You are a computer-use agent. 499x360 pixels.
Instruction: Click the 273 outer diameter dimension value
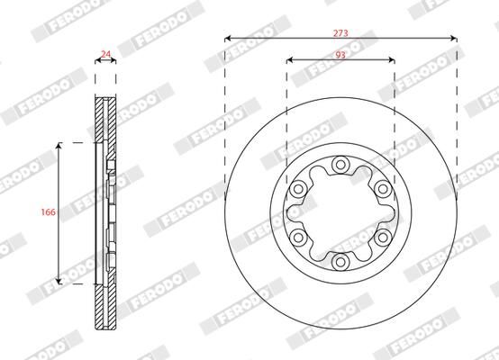tap(340, 31)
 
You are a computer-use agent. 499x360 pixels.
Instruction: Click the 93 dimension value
tap(340, 53)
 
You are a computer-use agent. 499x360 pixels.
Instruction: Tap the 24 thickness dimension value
tap(106, 55)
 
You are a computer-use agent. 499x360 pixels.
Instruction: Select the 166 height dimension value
tap(49, 212)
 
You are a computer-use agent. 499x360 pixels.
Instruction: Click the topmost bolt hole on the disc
tap(340, 165)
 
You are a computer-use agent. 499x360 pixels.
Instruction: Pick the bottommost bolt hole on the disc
tap(340, 261)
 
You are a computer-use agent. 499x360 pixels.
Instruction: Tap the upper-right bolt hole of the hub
tap(382, 188)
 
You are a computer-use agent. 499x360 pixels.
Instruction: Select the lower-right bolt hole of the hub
tap(382, 237)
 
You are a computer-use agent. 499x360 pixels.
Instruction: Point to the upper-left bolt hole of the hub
tap(298, 188)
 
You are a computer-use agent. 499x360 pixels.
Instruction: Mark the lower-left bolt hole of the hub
tap(298, 237)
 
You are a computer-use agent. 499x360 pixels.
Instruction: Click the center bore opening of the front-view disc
tap(340, 212)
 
